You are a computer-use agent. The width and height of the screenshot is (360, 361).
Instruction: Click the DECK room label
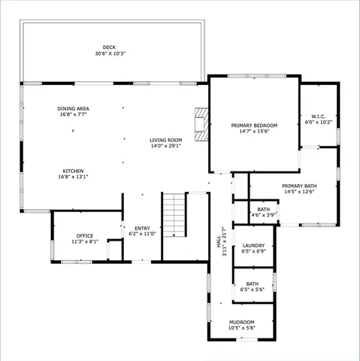[x=110, y=47]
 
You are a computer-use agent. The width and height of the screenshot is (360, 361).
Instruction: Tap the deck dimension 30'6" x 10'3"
[x=110, y=54]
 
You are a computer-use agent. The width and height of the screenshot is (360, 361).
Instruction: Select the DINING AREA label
[x=73, y=108]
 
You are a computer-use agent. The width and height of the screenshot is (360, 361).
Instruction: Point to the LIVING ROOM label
[x=165, y=140]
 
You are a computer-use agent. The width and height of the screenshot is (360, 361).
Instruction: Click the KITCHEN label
[x=73, y=171]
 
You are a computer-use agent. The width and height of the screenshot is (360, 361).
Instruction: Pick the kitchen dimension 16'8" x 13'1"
[x=73, y=177]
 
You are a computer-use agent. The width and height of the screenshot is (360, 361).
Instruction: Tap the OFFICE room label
[x=85, y=235]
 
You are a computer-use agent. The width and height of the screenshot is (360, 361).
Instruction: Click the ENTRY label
[x=142, y=228]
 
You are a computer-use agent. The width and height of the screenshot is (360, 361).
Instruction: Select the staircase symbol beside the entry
[x=174, y=214]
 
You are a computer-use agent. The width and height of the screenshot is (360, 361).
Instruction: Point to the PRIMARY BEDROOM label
[x=254, y=125]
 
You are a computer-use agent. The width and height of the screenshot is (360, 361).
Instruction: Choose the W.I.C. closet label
[x=318, y=116]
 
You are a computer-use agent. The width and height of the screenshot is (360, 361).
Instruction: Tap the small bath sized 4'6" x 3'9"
[x=263, y=213]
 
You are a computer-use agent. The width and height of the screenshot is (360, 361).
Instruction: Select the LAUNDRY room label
[x=253, y=245]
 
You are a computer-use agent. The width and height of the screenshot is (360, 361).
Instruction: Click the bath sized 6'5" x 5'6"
[x=253, y=287]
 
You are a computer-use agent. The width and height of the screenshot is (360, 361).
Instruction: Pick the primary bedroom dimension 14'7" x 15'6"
[x=254, y=132]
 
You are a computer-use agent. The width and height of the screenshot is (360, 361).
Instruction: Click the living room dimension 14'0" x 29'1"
[x=165, y=147]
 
